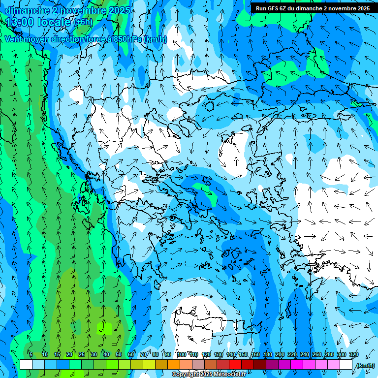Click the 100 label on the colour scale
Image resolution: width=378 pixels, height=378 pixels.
coord(182,354)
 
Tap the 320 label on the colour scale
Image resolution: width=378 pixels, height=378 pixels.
coord(354,354)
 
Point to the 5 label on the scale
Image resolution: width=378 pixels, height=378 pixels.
coord(31,354)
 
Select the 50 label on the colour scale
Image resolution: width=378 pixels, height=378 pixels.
coord(119,354)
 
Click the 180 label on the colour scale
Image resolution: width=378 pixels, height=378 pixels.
coord(268,354)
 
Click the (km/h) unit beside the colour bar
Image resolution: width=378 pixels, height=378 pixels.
coord(365,365)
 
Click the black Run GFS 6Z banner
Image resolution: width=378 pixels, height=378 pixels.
coord(313,8)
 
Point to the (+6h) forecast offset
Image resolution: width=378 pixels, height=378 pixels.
coord(83,22)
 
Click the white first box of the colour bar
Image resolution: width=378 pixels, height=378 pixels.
coord(26,365)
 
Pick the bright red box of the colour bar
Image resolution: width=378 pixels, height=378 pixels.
coord(235,365)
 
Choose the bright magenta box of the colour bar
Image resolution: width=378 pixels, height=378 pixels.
coord(297,365)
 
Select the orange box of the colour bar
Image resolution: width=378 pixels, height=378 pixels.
coord(174,365)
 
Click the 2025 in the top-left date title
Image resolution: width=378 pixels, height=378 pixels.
coord(119,10)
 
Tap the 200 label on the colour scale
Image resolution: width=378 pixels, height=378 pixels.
coord(280,354)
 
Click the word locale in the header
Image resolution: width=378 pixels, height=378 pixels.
coord(57,22)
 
